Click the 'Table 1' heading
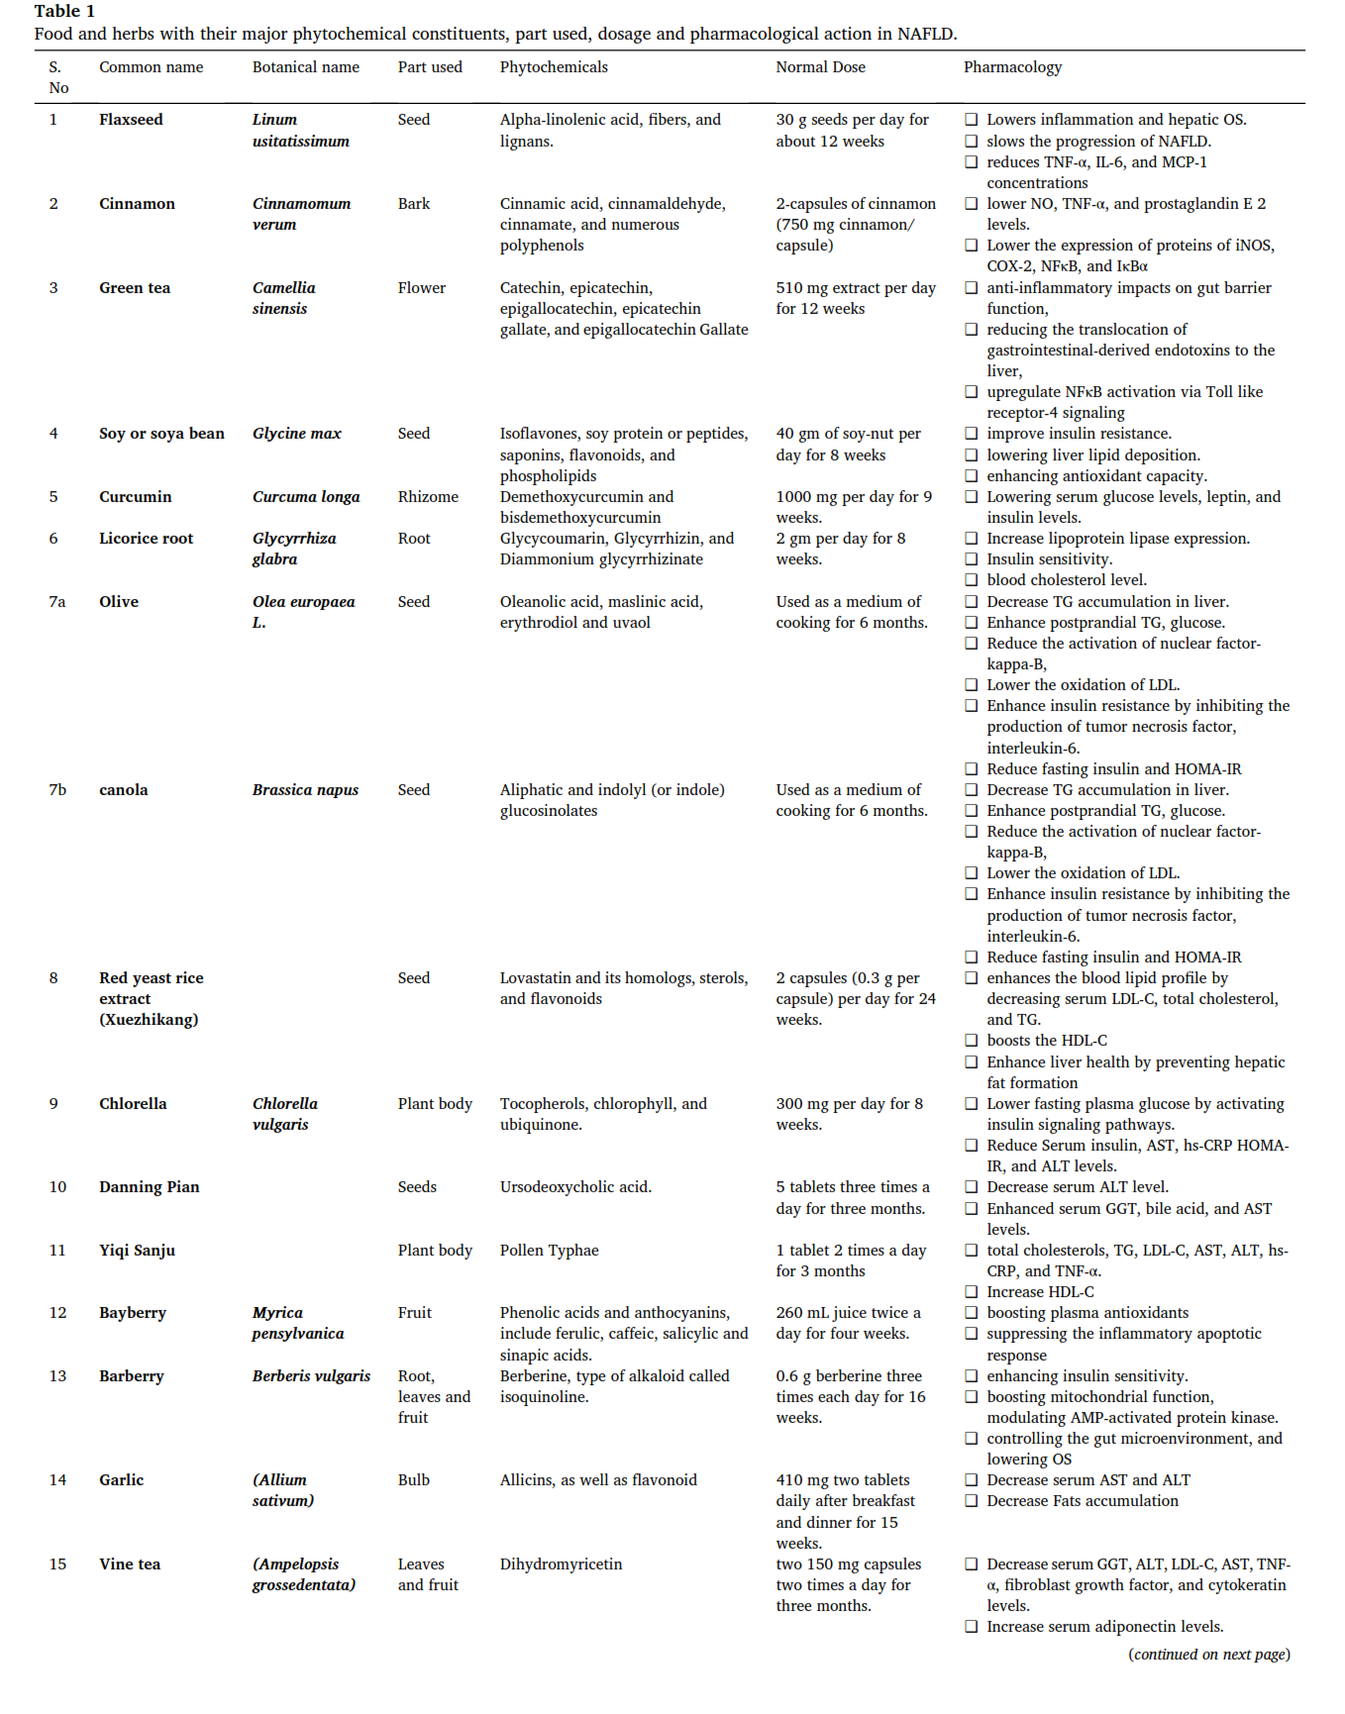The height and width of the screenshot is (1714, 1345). pos(64,11)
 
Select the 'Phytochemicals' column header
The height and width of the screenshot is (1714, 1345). pos(554,67)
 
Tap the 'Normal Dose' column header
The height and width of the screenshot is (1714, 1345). pos(820,67)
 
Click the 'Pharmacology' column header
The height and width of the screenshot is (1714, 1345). pos(1012,67)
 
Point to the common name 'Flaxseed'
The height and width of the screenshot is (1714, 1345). pos(131,120)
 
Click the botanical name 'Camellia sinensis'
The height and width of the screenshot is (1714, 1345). pos(284,298)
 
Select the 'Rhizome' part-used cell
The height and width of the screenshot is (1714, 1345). pos(428,497)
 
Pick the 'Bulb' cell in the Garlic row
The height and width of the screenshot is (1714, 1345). pos(414,1480)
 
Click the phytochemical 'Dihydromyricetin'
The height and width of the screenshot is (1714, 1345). pos(561,1564)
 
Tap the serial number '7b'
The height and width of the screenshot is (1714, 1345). pos(57,790)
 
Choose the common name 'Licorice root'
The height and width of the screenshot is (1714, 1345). pos(146,539)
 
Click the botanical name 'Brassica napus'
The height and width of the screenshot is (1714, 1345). pos(305,790)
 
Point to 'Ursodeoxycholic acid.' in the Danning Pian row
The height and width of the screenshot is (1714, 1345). pos(575,1187)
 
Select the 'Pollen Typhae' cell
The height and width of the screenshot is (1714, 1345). pos(549,1251)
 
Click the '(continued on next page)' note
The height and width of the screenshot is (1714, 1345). pos(1208,1655)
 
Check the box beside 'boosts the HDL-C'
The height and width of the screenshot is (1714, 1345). pos(972,1041)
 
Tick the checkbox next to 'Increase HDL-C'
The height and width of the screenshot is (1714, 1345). pos(972,1292)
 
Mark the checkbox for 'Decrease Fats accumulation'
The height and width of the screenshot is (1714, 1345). pos(972,1501)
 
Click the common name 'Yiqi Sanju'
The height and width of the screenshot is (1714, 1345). pos(137,1251)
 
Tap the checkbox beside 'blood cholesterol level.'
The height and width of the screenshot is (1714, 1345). pos(972,580)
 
